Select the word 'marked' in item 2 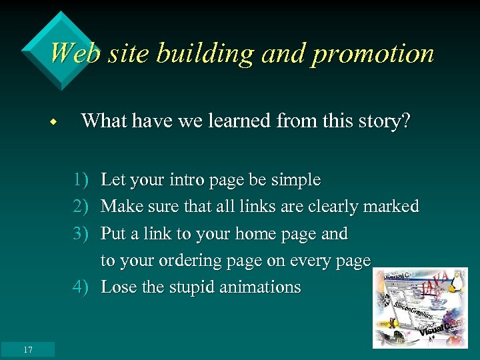391,207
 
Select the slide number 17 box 27,349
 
